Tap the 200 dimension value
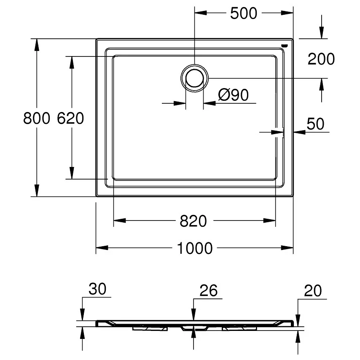tap(321, 59)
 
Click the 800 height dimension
tap(37, 118)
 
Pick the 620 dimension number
tap(70, 118)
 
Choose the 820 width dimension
tap(193, 220)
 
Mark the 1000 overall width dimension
tap(194, 248)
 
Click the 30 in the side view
tap(97, 290)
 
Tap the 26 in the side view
tap(208, 290)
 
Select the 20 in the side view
tap(312, 290)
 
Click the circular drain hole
tap(194, 78)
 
